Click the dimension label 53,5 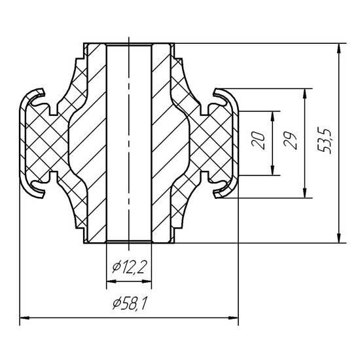325,140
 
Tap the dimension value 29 291,141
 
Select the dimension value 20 259,141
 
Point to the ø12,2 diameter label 129,267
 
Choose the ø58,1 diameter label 130,303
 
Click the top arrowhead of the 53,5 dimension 338,48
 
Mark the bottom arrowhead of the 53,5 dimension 338,238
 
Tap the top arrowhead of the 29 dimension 304,94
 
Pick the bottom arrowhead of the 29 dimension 304,192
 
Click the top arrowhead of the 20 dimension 272,117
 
